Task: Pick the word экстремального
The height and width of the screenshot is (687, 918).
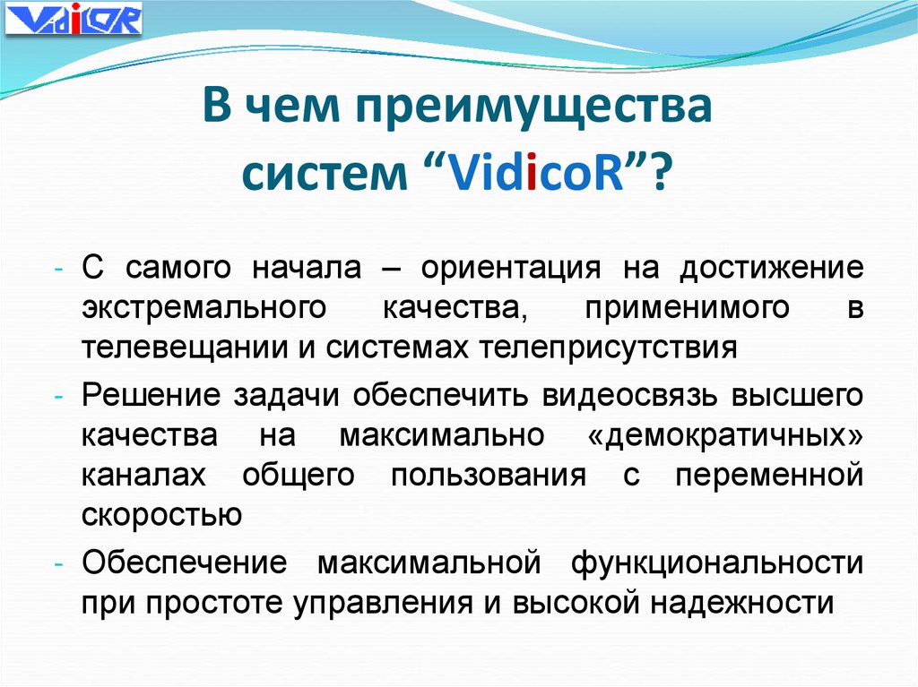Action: click(202, 307)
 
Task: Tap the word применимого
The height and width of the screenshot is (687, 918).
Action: click(688, 307)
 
